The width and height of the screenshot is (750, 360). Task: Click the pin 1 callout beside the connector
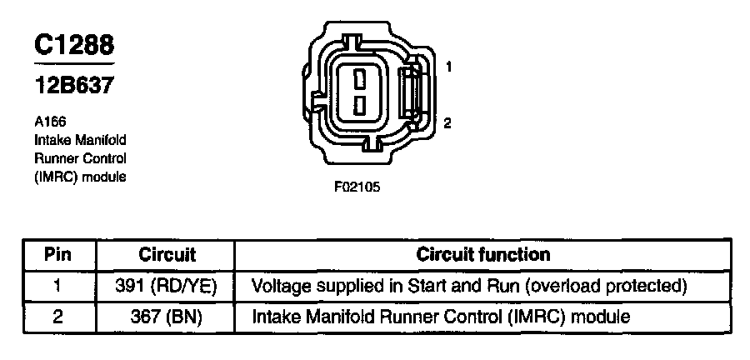447,66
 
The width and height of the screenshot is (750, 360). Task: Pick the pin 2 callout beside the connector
447,123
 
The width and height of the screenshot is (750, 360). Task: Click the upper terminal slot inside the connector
359,80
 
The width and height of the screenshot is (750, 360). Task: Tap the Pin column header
57,254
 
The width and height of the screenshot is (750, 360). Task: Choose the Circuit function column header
483,254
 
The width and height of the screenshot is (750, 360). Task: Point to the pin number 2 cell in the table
57,317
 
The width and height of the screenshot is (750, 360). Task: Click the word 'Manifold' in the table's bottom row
337,317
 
